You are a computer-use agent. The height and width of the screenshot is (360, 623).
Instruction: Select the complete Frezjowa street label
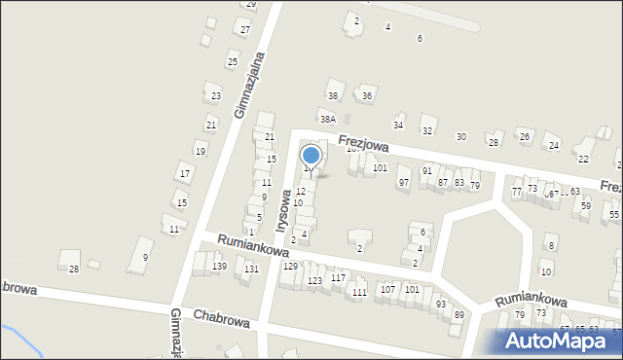pyautogui.click(x=364, y=144)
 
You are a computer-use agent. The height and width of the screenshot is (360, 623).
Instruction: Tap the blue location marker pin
pyautogui.click(x=311, y=157)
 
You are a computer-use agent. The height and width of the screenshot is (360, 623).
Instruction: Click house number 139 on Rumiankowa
pyautogui.click(x=220, y=267)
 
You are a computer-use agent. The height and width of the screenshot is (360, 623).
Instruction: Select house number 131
pyautogui.click(x=251, y=270)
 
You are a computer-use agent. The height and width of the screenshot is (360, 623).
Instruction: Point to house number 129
pyautogui.click(x=289, y=266)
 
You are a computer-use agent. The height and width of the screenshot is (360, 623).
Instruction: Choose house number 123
pyautogui.click(x=314, y=280)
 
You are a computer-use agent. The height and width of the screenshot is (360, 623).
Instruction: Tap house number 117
pyautogui.click(x=338, y=277)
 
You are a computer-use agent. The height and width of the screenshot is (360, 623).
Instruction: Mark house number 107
pyautogui.click(x=387, y=289)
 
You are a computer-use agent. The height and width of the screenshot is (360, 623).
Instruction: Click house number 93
pyautogui.click(x=440, y=304)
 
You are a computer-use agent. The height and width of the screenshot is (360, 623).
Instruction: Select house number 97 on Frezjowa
pyautogui.click(x=404, y=183)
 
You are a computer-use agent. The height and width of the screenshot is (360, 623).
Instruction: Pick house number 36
pyautogui.click(x=366, y=96)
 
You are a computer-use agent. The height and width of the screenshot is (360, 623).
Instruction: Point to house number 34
pyautogui.click(x=397, y=126)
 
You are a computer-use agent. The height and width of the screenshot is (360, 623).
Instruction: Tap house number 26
pyautogui.click(x=524, y=136)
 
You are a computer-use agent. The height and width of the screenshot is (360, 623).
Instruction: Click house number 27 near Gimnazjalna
pyautogui.click(x=245, y=30)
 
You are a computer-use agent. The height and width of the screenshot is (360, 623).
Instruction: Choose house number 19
pyautogui.click(x=200, y=151)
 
